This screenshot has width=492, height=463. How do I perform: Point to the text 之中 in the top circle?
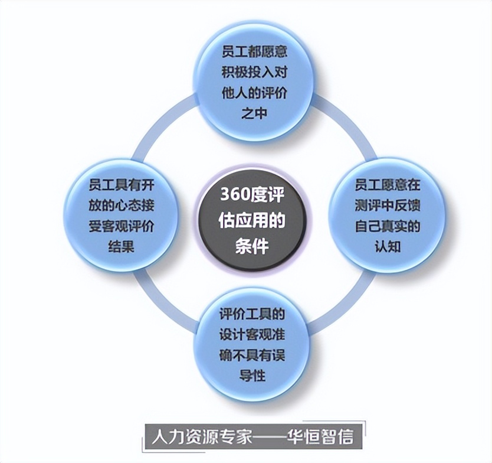[255, 113]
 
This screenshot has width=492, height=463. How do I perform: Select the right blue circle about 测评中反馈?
[387, 216]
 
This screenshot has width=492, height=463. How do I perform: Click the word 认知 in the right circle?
[387, 246]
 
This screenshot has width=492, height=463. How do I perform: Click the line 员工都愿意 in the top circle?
[255, 51]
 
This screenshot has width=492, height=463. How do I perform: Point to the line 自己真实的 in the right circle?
[387, 226]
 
